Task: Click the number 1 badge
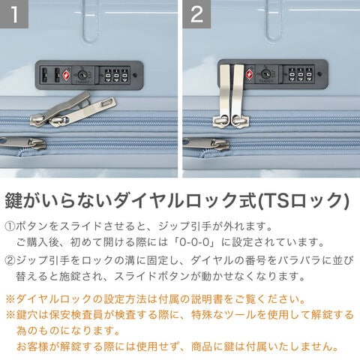click(x=14, y=14)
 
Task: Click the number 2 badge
click(x=196, y=14)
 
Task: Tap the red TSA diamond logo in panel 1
click(x=66, y=75)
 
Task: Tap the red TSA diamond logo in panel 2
click(x=250, y=74)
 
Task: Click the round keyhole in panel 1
click(x=82, y=74)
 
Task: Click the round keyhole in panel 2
click(x=265, y=73)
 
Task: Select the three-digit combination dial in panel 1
click(x=116, y=75)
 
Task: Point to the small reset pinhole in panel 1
click(x=135, y=75)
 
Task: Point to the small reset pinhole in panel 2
click(x=319, y=74)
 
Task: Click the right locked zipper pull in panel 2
click(x=238, y=95)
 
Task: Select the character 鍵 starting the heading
click(x=13, y=200)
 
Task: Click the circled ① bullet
click(x=10, y=226)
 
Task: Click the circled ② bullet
click(x=10, y=260)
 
